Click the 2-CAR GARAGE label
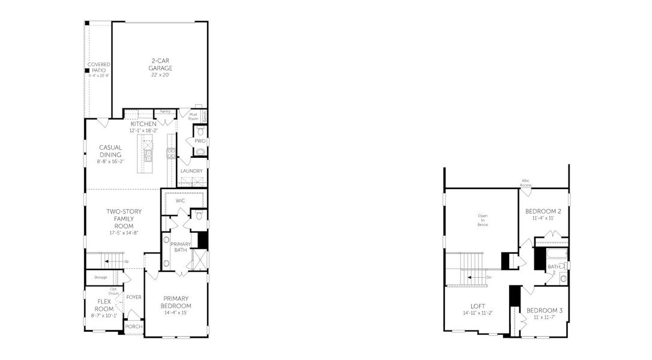[x=160, y=64]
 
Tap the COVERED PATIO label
[x=97, y=67]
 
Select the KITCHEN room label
[x=143, y=124]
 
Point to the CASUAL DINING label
[x=110, y=151]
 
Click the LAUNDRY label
[x=192, y=171]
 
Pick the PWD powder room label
[x=199, y=141]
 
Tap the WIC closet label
[x=180, y=200]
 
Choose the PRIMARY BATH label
[x=180, y=247]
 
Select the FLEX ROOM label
[x=101, y=305]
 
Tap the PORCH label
[x=133, y=326]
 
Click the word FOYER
[x=134, y=297]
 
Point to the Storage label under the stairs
[x=100, y=277]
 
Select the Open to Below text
[x=483, y=220]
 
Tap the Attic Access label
[x=525, y=184]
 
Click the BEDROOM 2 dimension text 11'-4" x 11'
[x=543, y=218]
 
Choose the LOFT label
[x=478, y=306]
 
